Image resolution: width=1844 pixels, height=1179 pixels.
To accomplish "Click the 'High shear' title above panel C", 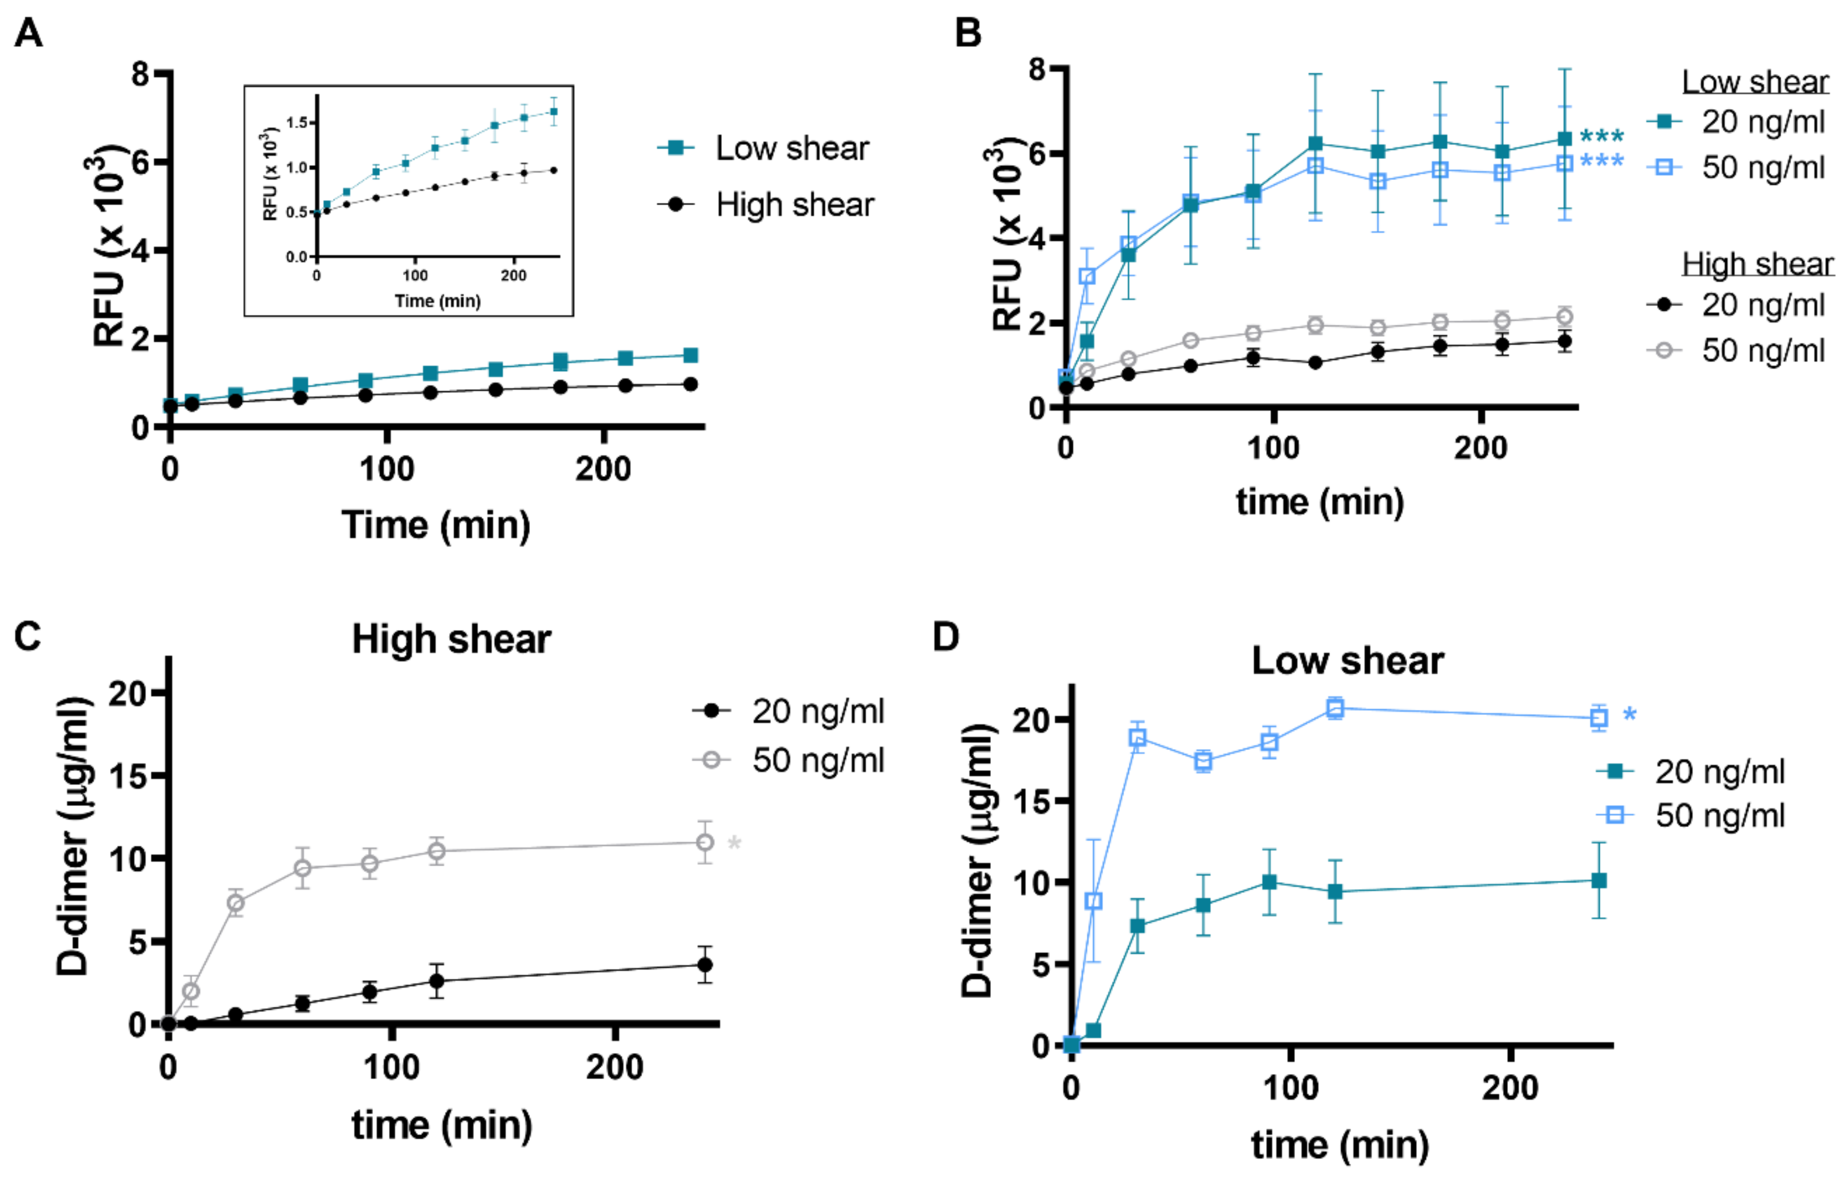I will coord(451,639).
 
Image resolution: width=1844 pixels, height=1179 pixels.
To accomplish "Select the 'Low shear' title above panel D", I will coord(1348,660).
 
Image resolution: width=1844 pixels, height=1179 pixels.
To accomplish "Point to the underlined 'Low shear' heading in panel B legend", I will coord(1754,82).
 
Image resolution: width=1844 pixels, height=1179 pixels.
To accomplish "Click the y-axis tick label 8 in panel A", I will coord(140,74).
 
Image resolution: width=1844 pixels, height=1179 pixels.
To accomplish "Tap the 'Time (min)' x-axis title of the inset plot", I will coord(437,301).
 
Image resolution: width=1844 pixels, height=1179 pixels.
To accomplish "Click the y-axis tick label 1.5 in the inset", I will coord(296,122).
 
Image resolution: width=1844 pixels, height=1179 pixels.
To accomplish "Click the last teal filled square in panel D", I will coord(1598,881).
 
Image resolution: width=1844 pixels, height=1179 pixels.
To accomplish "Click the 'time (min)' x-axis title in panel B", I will coord(1319,502).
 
